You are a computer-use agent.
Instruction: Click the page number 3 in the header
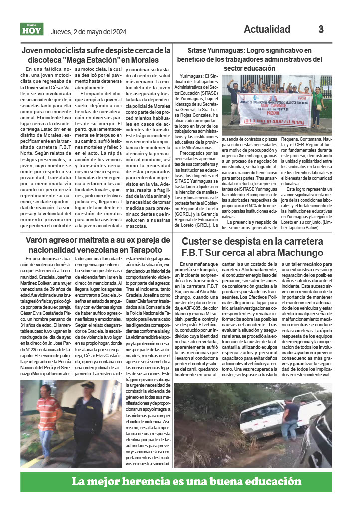point(321,29)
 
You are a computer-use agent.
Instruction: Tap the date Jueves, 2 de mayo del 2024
point(89,32)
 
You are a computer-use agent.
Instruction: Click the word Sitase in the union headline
point(198,50)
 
